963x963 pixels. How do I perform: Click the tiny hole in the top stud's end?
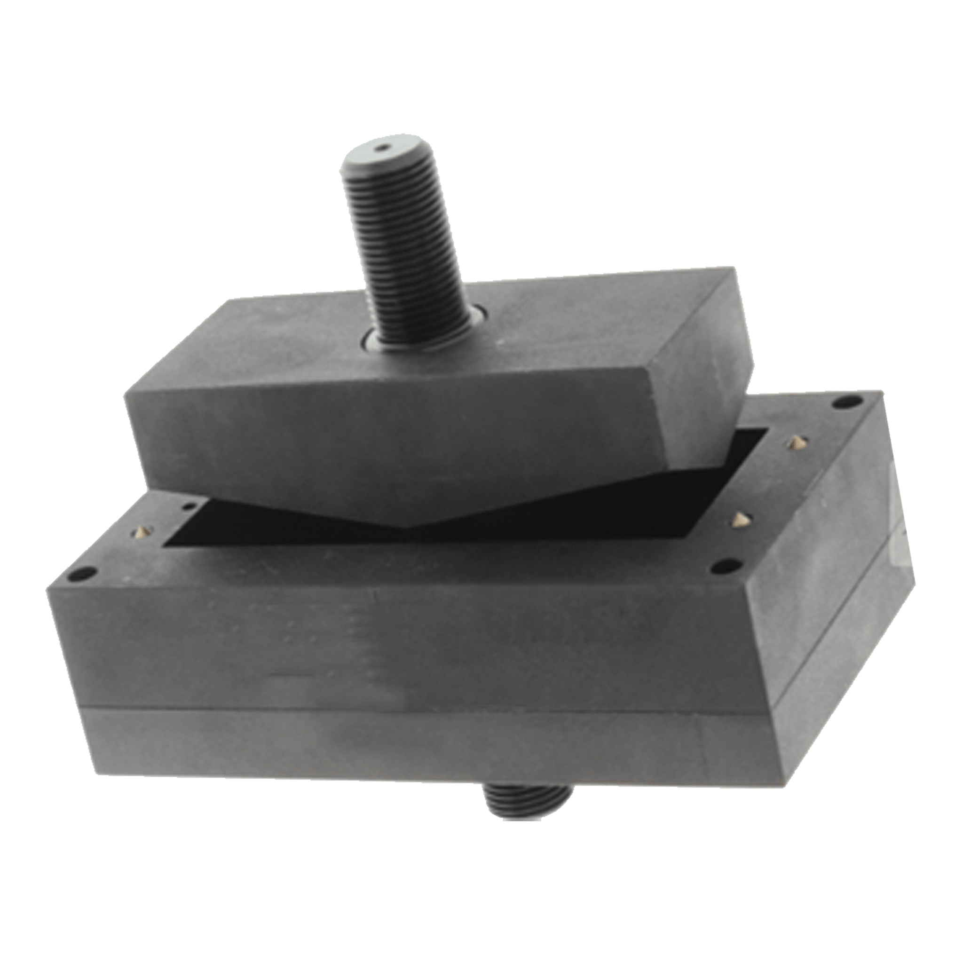(382, 148)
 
